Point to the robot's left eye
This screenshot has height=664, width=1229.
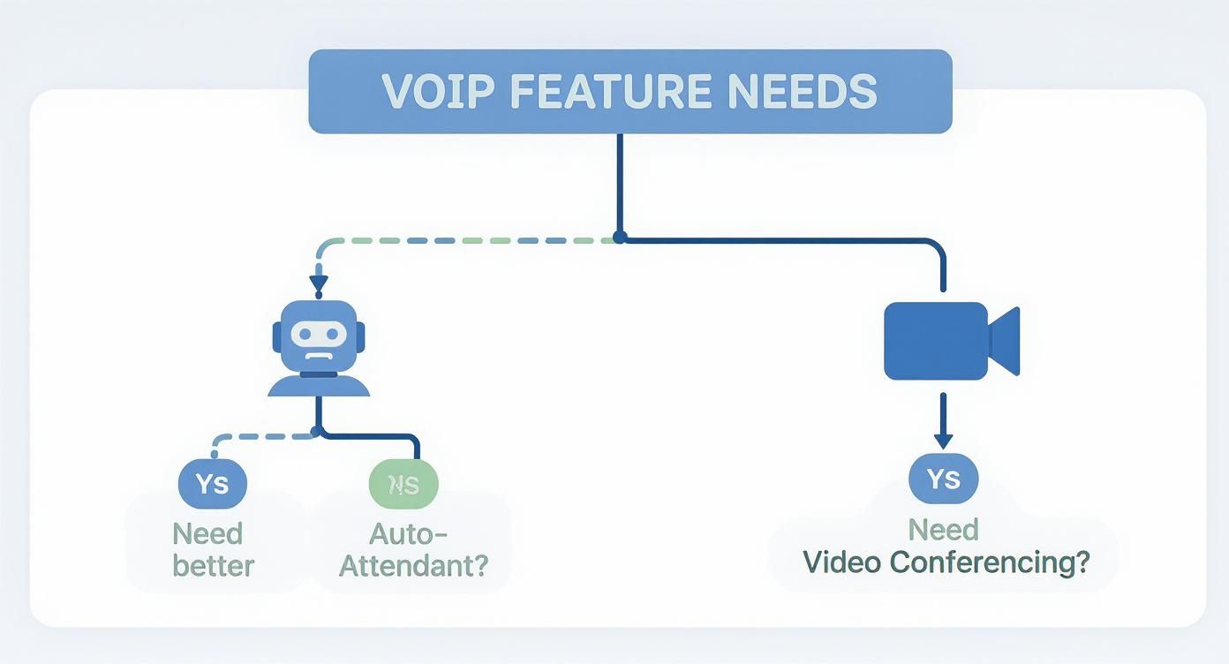point(303,334)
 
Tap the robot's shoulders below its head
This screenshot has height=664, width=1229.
point(318,386)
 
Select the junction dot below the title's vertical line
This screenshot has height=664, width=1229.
point(620,238)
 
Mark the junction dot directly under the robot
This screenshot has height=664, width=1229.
point(317,432)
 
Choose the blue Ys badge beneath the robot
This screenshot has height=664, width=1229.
point(213,483)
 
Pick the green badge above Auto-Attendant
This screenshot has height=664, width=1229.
point(403,484)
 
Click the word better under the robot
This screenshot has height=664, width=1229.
point(213,565)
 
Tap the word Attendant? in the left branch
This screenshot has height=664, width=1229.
point(413,565)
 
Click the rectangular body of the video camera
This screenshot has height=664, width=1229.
point(936,341)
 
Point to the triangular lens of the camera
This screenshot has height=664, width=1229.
point(1006,341)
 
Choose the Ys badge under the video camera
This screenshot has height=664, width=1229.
point(943,479)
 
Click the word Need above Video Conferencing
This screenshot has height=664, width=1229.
point(943,530)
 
